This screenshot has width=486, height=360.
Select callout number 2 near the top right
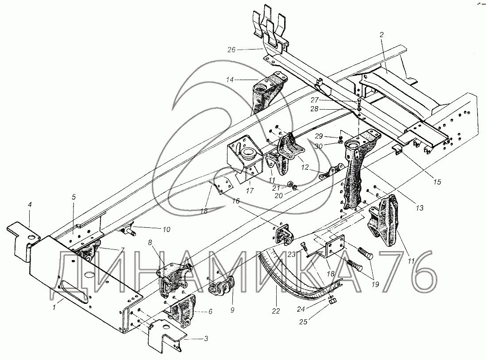(381, 34)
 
